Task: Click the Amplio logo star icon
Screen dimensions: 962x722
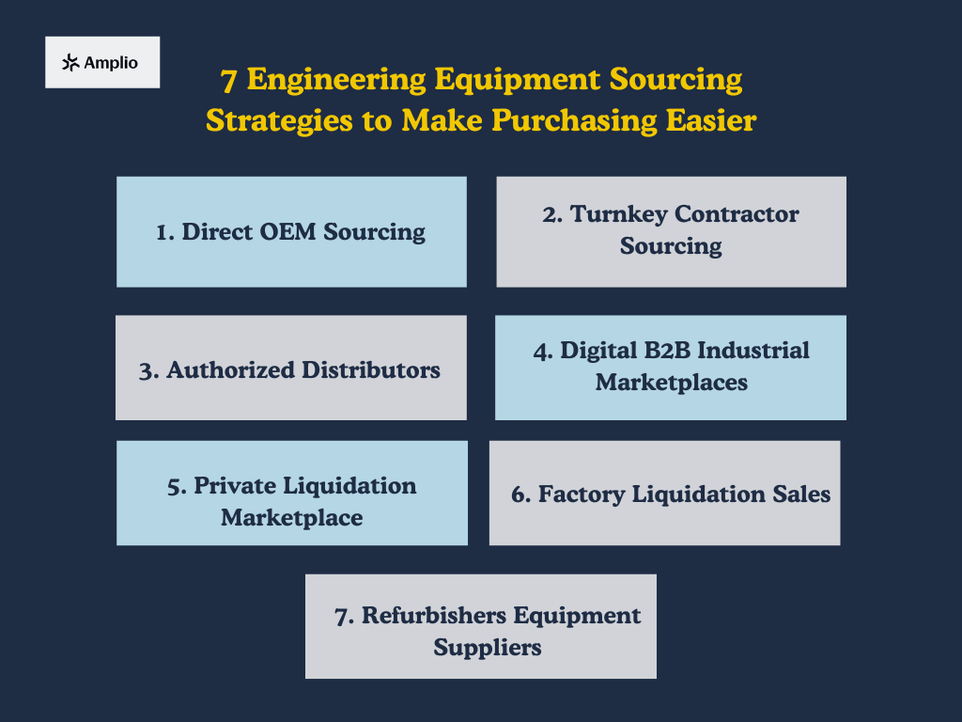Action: (70, 63)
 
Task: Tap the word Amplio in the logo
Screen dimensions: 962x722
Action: (111, 63)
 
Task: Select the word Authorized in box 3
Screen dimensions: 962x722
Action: (230, 370)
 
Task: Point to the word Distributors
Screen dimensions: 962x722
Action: (370, 370)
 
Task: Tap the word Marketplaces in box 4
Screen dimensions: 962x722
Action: (671, 383)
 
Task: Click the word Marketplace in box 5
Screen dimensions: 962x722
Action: (291, 518)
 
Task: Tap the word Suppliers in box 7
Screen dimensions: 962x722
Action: (487, 648)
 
